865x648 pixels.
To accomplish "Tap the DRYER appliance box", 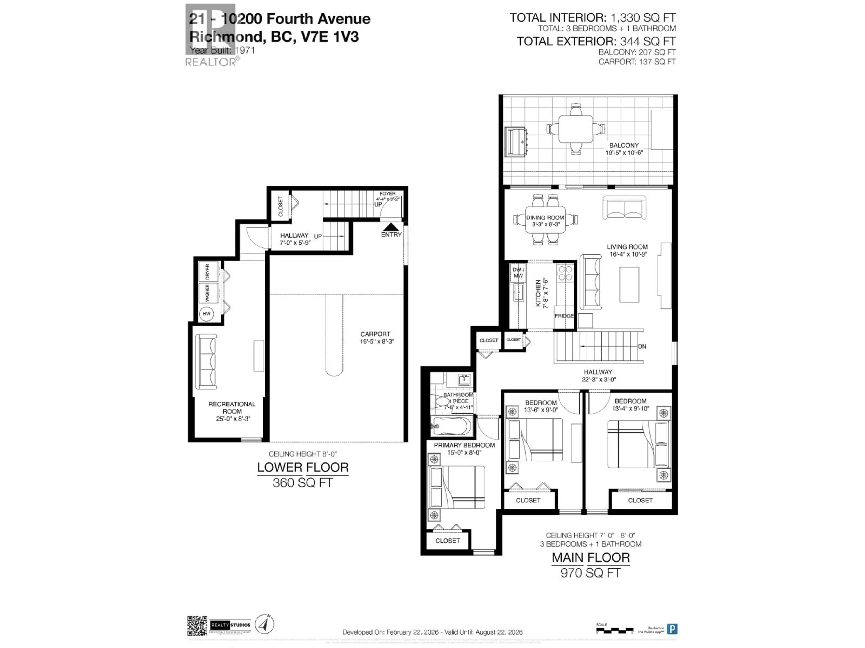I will (x=208, y=272).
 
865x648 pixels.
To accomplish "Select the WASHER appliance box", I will (x=208, y=292).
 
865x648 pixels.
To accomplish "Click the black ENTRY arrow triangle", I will (x=391, y=227).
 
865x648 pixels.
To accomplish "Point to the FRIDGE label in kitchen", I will (x=564, y=316).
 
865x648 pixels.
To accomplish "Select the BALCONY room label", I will (x=624, y=145).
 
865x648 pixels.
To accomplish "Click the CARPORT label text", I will (x=375, y=334).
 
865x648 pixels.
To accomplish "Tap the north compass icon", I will (x=265, y=624).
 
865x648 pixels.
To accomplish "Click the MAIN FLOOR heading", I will (x=590, y=558).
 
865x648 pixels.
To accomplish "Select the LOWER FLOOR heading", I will (x=303, y=468).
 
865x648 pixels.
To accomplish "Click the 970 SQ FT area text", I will (x=590, y=573).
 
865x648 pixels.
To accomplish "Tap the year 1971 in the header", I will (x=245, y=50).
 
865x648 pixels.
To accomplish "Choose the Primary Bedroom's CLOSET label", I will (x=447, y=541).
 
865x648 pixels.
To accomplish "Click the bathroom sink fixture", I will (x=464, y=379).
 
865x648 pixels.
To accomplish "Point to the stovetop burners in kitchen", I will (x=565, y=273).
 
